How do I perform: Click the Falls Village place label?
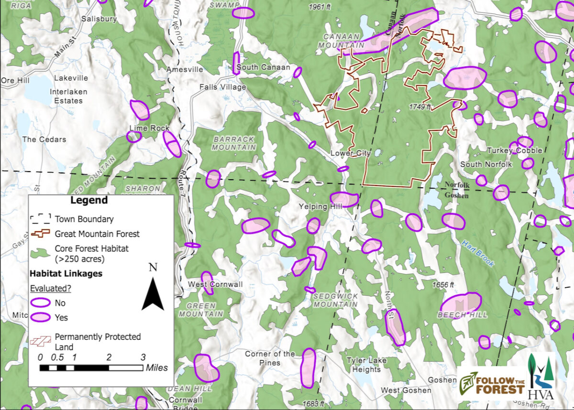coord(222,87)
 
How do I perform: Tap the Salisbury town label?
coord(99,19)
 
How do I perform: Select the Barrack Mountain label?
coord(234,143)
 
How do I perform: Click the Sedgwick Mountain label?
coord(335,300)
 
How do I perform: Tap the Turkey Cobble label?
coord(515,151)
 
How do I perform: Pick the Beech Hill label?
coord(463,315)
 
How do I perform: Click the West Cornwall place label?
coord(215,284)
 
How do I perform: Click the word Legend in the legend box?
coord(89,200)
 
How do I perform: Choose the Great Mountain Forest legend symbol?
coord(40,234)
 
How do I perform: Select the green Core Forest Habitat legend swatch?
coord(40,251)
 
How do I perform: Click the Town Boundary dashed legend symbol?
coord(40,219)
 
